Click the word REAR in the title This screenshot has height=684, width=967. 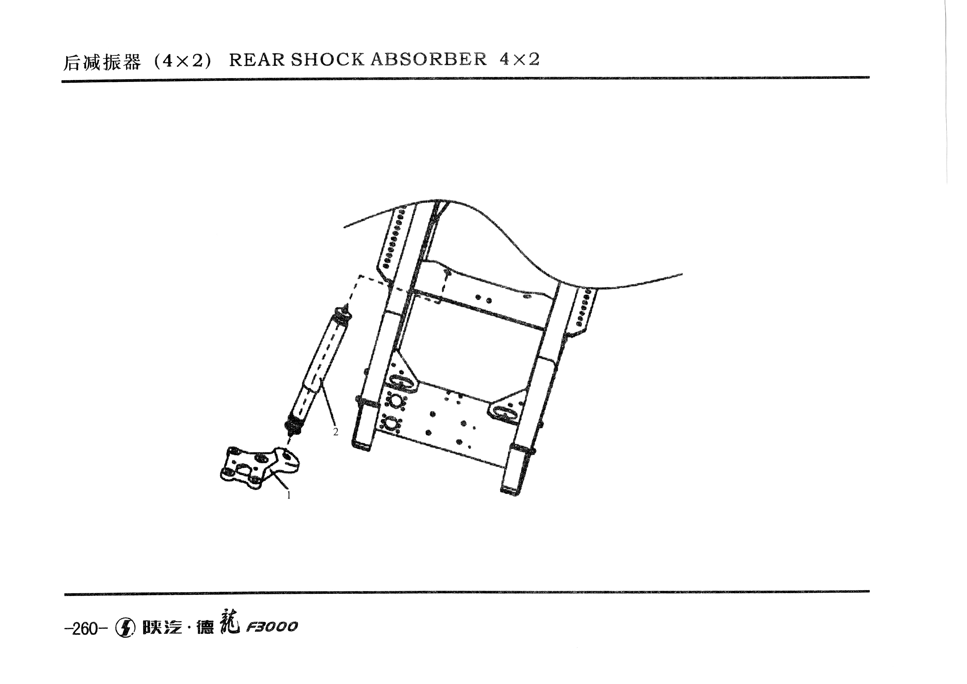tap(257, 60)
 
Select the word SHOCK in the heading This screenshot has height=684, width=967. tap(327, 60)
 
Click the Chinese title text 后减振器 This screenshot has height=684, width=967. tap(101, 62)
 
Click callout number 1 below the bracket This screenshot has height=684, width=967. tap(289, 496)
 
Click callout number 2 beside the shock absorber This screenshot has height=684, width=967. tap(336, 432)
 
